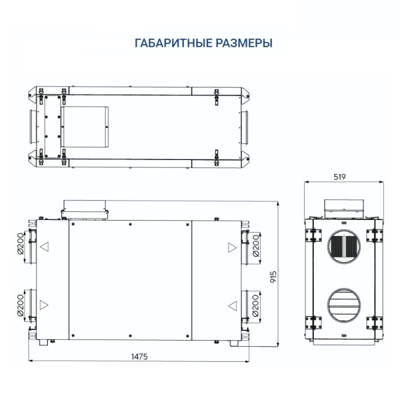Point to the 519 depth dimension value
tap(339, 177)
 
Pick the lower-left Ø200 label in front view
tap(19, 305)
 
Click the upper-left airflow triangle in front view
tap(44, 248)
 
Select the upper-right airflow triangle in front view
tap(231, 248)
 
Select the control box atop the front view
tap(85, 208)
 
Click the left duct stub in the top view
tap(27, 125)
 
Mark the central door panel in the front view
tap(130, 279)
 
